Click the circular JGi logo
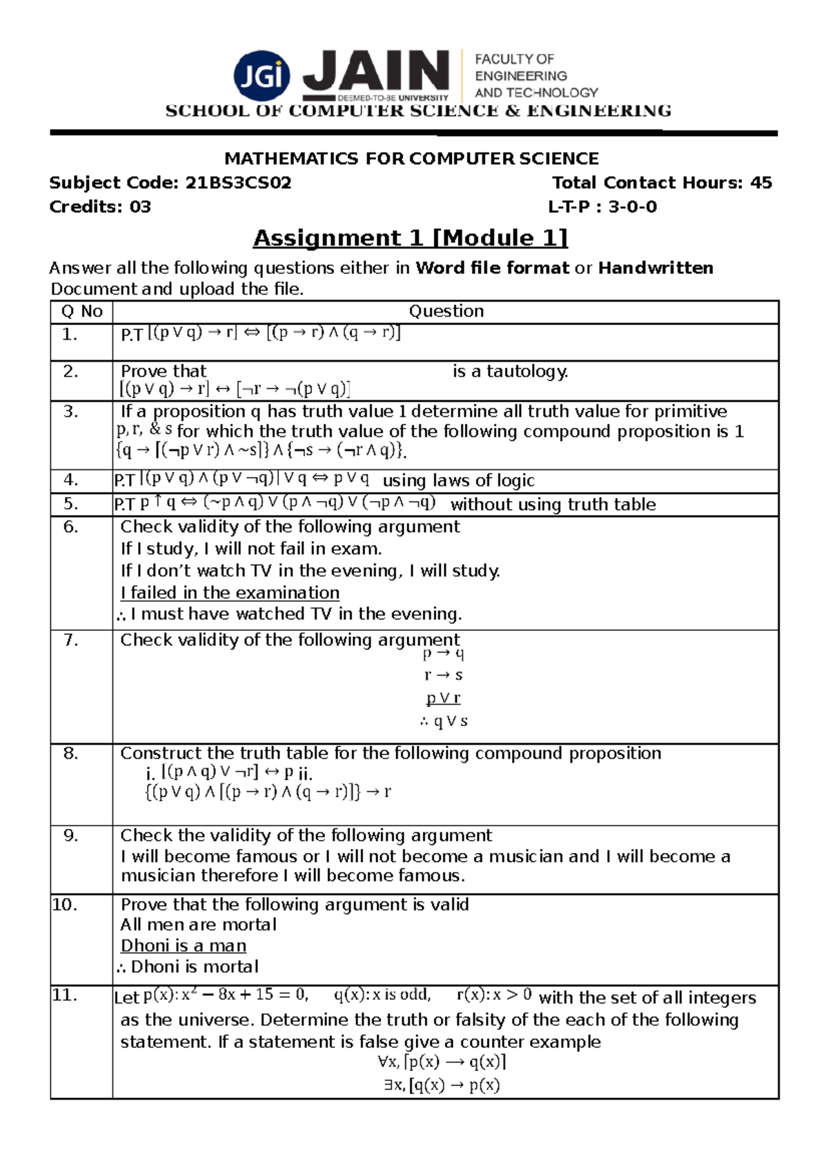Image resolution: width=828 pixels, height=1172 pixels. click(x=262, y=76)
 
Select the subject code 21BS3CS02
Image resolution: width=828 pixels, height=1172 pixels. click(x=238, y=183)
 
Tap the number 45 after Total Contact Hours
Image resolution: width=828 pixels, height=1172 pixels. click(x=760, y=183)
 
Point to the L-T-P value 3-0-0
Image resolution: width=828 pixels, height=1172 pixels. click(x=632, y=207)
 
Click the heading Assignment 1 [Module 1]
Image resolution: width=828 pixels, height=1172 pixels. click(x=411, y=238)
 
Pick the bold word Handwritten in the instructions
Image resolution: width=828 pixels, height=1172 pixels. click(x=655, y=268)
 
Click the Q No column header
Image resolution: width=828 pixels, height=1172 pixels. click(x=81, y=311)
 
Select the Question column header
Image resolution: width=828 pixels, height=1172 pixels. click(x=446, y=311)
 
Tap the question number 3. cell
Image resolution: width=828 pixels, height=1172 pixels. click(x=70, y=412)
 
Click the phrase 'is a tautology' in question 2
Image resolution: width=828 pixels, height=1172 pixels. click(x=510, y=371)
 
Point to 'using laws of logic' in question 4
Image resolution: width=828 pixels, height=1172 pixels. click(x=458, y=480)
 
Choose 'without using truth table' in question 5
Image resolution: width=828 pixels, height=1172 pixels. click(x=553, y=505)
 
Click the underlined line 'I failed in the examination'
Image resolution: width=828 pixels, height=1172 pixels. click(x=230, y=593)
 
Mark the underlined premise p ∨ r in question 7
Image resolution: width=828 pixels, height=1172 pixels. click(x=443, y=699)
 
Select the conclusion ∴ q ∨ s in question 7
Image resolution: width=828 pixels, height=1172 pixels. click(x=443, y=721)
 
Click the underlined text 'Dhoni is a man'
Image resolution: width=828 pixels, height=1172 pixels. click(x=184, y=946)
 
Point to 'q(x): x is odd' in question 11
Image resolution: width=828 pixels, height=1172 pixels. click(x=382, y=995)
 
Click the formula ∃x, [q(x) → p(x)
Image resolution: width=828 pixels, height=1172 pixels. click(x=442, y=1085)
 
